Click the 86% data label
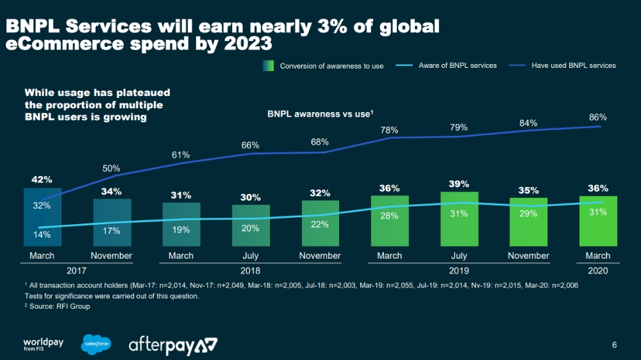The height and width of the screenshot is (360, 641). pos(597,118)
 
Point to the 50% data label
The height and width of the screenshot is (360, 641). pos(112,168)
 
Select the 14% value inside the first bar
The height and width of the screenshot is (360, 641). pos(42,234)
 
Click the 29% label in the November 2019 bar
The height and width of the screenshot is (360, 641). pos(528,214)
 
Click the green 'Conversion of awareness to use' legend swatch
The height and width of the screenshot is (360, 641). pos(268,65)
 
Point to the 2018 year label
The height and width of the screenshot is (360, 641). pos(251,271)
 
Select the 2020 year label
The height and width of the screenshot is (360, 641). pos(597,271)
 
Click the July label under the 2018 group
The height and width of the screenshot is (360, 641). pos(250,256)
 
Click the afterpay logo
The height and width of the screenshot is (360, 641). pos(173,345)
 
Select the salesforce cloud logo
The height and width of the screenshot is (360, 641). pos(97,344)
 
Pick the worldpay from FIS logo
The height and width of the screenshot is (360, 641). pos(44,344)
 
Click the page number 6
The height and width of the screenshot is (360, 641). pos(615,346)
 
